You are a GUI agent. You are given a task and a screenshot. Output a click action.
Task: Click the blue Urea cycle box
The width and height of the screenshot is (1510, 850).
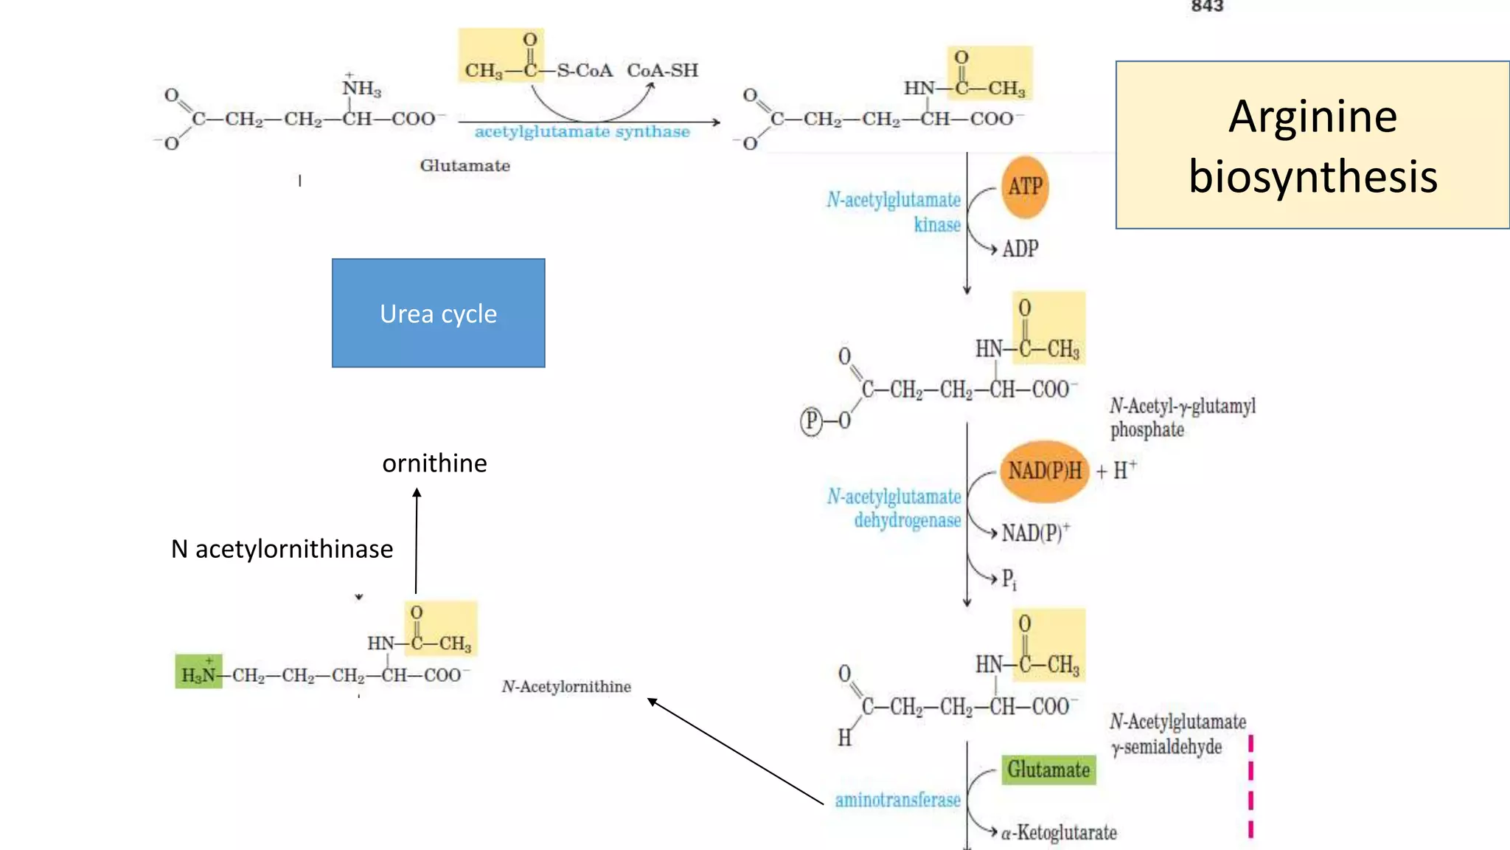coord(438,313)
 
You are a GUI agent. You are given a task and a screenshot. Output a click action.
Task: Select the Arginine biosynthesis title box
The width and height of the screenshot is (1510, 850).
coord(1312,145)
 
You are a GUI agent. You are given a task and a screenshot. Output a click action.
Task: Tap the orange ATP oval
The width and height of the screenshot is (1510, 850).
coord(1025,187)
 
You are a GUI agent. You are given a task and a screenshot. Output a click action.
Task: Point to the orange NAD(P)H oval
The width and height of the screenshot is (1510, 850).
coord(1045,471)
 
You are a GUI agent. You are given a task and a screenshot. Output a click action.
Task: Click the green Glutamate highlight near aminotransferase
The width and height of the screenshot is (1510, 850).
coord(1048,770)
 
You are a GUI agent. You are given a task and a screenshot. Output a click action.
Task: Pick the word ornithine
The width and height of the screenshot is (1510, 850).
coord(434,463)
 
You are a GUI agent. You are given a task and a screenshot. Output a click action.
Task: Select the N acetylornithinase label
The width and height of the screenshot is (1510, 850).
coord(282,549)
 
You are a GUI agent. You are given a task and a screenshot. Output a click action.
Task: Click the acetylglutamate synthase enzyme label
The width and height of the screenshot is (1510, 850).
coord(582,132)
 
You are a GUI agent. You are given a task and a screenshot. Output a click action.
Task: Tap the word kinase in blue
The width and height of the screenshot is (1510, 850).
coord(937,224)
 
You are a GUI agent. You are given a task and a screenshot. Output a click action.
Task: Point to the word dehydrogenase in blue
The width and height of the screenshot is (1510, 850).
coord(907,521)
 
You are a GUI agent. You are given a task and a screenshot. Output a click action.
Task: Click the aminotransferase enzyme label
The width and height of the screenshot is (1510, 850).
coord(897,800)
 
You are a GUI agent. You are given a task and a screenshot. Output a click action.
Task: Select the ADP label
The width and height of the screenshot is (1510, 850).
coord(1020,249)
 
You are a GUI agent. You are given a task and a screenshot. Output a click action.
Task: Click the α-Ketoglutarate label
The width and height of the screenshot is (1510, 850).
coord(1059,833)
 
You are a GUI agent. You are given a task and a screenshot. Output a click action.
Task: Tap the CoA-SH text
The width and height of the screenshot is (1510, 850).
coord(662,71)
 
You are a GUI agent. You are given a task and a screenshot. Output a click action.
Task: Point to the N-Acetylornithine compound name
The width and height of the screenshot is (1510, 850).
coord(566,687)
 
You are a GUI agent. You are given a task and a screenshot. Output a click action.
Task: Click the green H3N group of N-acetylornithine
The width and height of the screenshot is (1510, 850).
coord(198,672)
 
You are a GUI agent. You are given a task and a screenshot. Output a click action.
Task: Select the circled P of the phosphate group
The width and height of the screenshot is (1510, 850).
coord(811,421)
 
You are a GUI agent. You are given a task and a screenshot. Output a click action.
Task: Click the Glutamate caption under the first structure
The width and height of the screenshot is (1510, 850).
coord(465,165)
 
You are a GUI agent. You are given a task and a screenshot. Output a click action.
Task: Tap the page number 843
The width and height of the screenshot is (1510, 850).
coord(1207,7)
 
